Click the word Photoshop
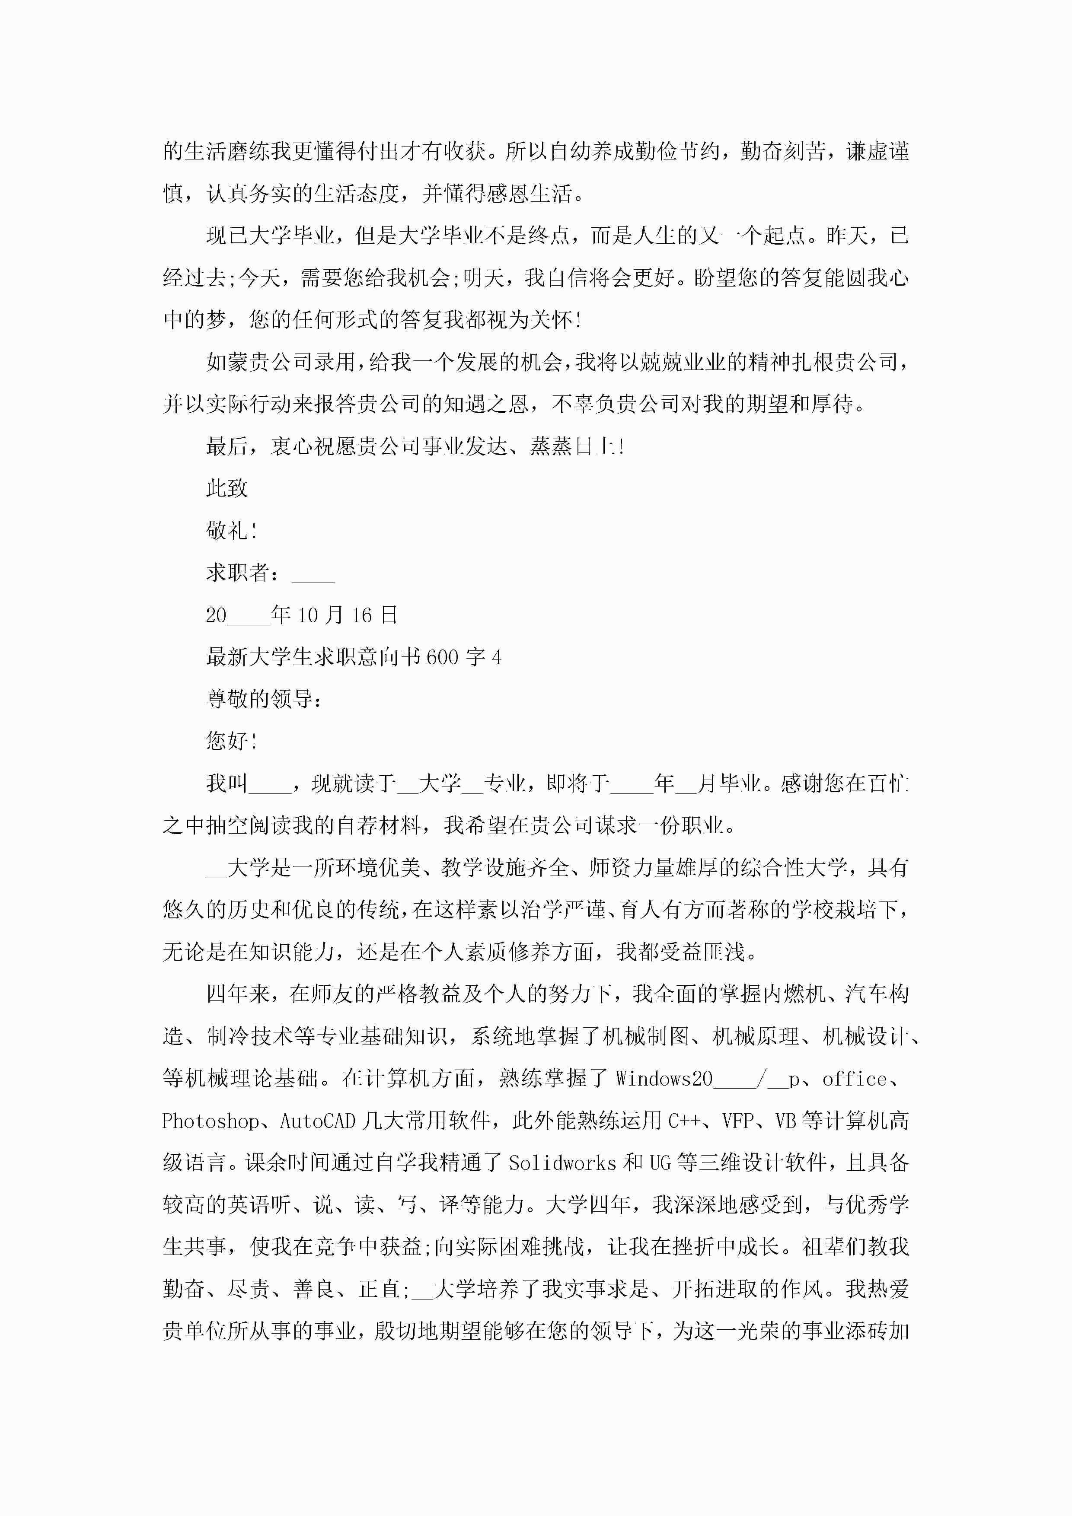(x=210, y=1121)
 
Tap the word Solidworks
(x=562, y=1163)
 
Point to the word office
(x=854, y=1079)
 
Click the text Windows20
(x=664, y=1079)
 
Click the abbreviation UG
(x=660, y=1163)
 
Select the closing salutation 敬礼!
(x=231, y=530)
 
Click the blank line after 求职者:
(x=313, y=573)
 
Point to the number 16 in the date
(x=361, y=615)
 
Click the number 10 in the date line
(x=308, y=615)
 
